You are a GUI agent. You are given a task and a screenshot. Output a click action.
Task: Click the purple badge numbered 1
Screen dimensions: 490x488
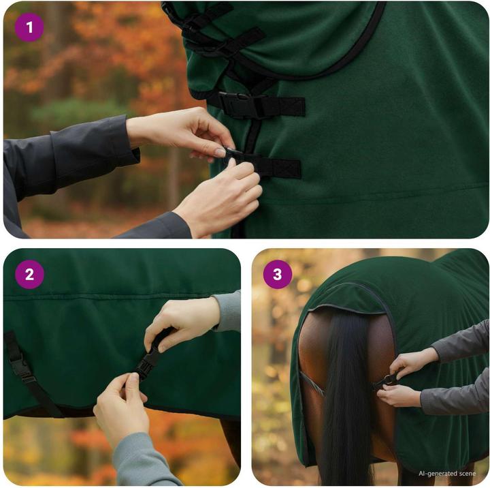[x=29, y=27]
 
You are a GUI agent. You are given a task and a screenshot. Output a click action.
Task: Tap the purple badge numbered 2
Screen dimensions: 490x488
[x=29, y=275]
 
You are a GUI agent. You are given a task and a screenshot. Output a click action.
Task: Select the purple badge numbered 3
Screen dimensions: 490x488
[x=278, y=275]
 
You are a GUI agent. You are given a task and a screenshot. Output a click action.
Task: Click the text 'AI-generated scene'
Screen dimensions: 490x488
[x=447, y=473]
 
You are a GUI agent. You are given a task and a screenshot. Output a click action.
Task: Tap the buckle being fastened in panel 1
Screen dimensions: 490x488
[x=232, y=154]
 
